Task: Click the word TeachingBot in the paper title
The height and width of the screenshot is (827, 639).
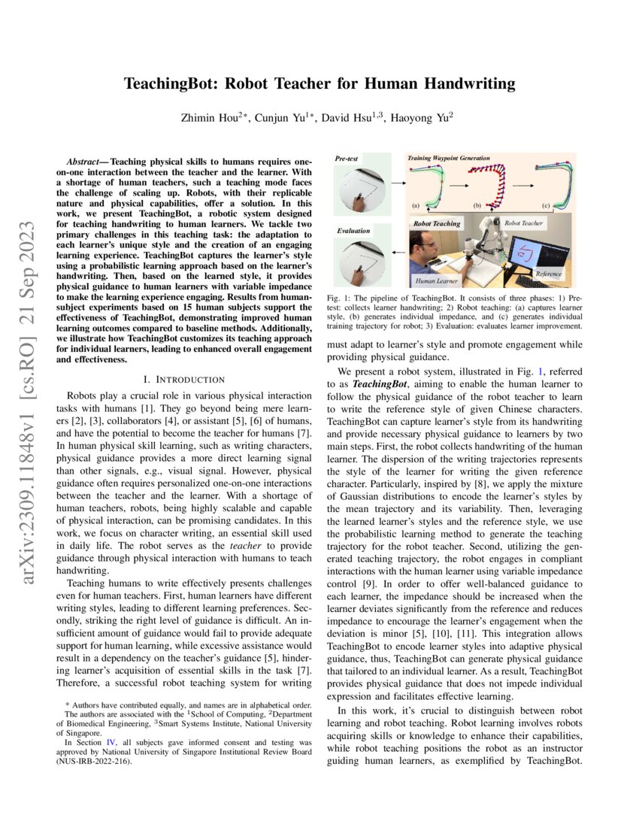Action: point(173,84)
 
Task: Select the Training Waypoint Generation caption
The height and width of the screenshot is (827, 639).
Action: point(448,159)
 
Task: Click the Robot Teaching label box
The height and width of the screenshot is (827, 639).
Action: point(437,223)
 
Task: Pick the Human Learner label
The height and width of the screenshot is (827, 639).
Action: point(438,280)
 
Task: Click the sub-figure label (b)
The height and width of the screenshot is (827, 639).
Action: point(477,204)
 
